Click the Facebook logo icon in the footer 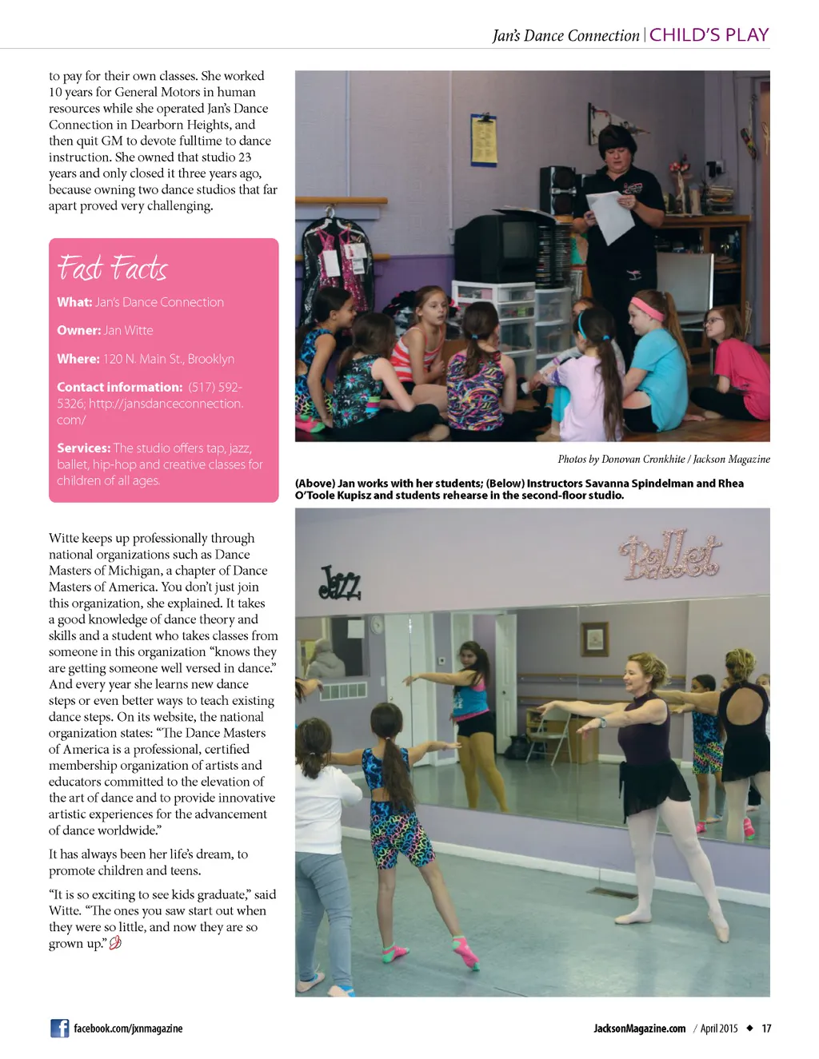pyautogui.click(x=59, y=1029)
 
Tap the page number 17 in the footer pyautogui.click(x=766, y=1029)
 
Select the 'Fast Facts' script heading pyautogui.click(x=112, y=268)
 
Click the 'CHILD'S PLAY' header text pyautogui.click(x=709, y=35)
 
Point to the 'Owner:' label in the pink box pyautogui.click(x=78, y=331)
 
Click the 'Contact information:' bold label pyautogui.click(x=120, y=388)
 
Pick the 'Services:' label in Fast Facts pyautogui.click(x=83, y=448)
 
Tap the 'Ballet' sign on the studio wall pyautogui.click(x=670, y=554)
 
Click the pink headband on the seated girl pyautogui.click(x=646, y=308)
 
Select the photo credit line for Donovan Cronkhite pyautogui.click(x=663, y=460)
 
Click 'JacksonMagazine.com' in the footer pyautogui.click(x=639, y=1029)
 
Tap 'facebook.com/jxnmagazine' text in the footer pyautogui.click(x=128, y=1029)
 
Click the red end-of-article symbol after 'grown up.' pyautogui.click(x=115, y=944)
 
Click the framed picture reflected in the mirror pyautogui.click(x=594, y=639)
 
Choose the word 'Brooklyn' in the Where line pyautogui.click(x=210, y=360)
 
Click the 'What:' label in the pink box pyautogui.click(x=74, y=302)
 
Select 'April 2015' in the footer pyautogui.click(x=719, y=1029)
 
